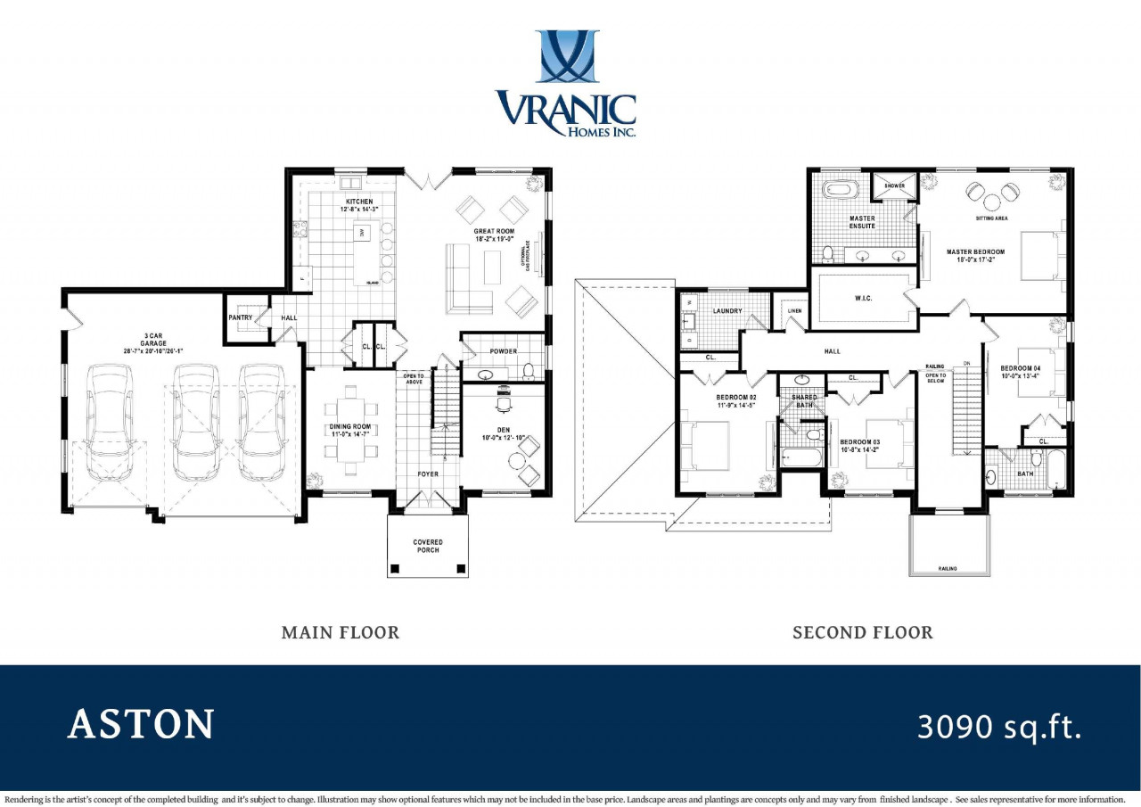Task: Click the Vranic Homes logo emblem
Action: tap(567, 56)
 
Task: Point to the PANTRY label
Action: tap(241, 317)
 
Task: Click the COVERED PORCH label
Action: tap(428, 547)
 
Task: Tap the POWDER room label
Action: tap(503, 351)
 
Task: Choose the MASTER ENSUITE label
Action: tap(862, 222)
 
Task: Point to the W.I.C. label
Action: tap(862, 298)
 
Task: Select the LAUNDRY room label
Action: tap(727, 310)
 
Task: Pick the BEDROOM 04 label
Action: tap(1020, 372)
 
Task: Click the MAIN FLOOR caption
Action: tap(341, 632)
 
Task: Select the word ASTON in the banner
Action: tap(141, 724)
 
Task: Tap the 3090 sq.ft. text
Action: tap(999, 727)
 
